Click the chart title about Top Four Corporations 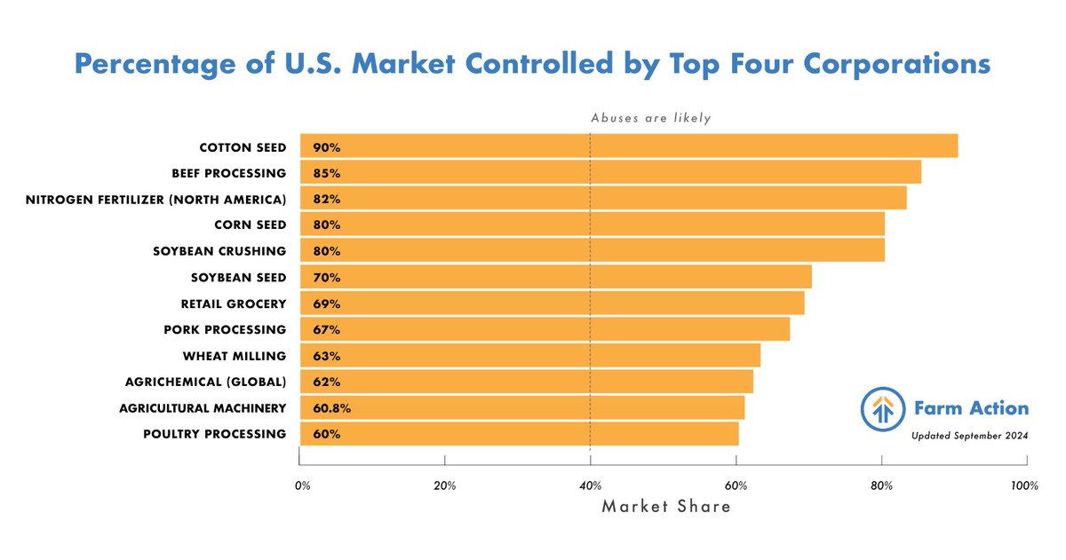click(x=533, y=65)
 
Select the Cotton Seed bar click(x=629, y=146)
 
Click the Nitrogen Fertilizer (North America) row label click(x=156, y=199)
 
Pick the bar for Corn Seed click(x=593, y=225)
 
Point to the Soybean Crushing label click(x=219, y=251)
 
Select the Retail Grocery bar click(x=552, y=304)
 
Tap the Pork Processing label click(x=225, y=330)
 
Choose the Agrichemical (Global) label click(x=206, y=383)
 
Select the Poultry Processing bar click(x=519, y=435)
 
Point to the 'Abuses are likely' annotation click(x=651, y=118)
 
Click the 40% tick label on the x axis click(x=590, y=486)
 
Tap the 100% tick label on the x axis click(x=1023, y=486)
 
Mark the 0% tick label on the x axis click(x=302, y=486)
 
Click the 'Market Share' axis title click(x=666, y=507)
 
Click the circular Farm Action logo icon click(x=881, y=409)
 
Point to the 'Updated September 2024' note click(x=969, y=436)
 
